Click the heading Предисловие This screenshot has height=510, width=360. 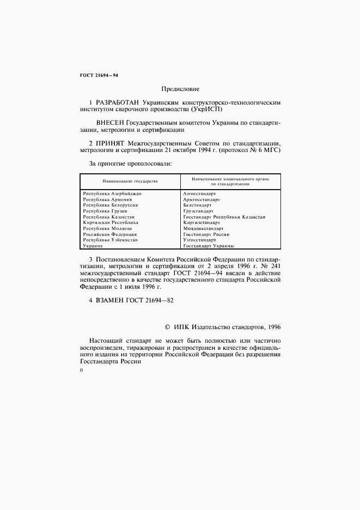180,89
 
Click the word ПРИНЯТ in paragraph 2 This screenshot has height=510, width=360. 111,143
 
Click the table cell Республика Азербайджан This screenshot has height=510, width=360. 112,193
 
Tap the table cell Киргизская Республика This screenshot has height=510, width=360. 111,222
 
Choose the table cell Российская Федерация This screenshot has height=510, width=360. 109,234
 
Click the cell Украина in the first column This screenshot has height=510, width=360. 93,246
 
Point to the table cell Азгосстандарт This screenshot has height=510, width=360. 200,193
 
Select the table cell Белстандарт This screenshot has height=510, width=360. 198,205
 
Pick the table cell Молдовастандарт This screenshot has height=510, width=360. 204,228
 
